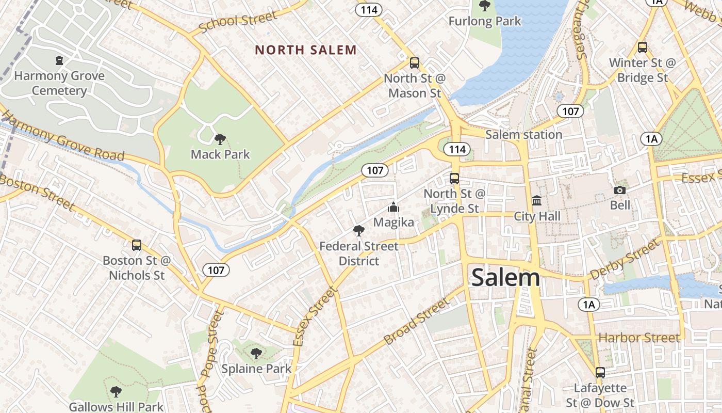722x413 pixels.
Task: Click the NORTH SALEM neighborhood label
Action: [306, 50]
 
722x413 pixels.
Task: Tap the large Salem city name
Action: [505, 278]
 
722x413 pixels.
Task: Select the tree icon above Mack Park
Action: [220, 139]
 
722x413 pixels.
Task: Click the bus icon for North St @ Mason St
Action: [415, 63]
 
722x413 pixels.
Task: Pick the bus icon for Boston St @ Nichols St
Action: [137, 245]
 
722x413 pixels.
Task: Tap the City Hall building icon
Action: [537, 200]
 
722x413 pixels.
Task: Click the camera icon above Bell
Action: [620, 190]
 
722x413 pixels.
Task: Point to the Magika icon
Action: [393, 208]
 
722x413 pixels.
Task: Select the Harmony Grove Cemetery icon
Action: [59, 60]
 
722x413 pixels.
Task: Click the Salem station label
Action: [524, 135]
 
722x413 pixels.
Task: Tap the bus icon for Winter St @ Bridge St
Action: [643, 47]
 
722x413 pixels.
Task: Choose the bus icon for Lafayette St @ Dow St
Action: [600, 372]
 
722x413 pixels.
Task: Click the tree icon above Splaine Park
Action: [256, 354]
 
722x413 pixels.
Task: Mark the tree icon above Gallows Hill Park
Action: [116, 392]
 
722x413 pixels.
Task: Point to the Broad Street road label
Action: [417, 321]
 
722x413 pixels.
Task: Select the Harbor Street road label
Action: [639, 338]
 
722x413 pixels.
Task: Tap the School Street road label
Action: [238, 21]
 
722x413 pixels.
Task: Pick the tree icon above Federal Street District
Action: [359, 231]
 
